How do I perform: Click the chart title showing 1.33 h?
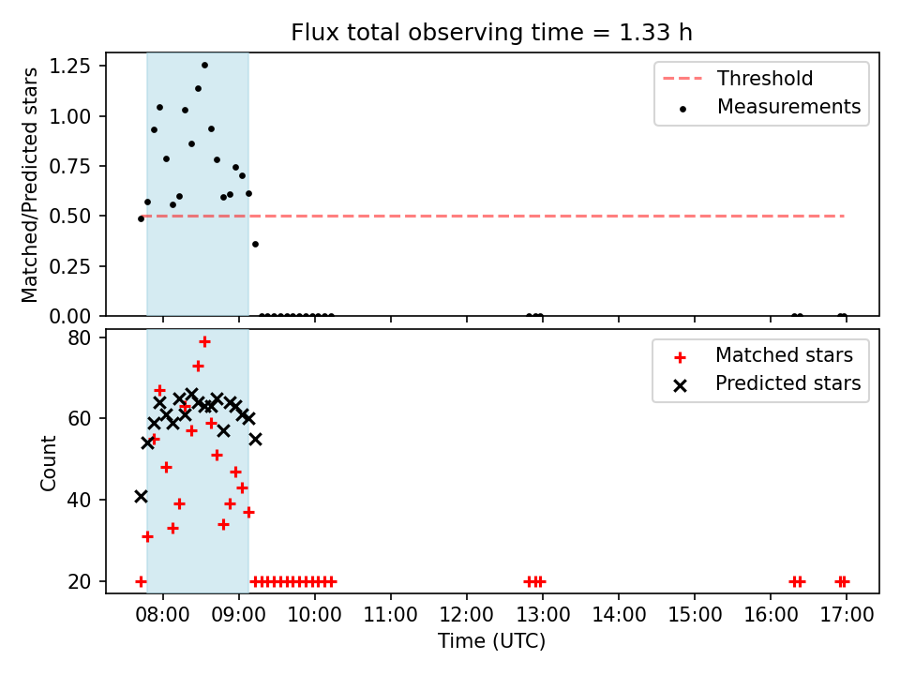click(491, 33)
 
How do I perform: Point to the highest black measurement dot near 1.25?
click(204, 66)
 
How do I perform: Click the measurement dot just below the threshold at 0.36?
click(255, 245)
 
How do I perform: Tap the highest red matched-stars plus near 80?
click(204, 342)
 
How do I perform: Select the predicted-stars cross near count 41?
click(141, 497)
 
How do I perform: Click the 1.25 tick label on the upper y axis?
click(69, 66)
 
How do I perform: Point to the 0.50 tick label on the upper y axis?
click(69, 217)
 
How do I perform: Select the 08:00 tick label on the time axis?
click(162, 615)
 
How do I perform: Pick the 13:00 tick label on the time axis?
click(543, 615)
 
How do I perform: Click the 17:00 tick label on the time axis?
click(846, 615)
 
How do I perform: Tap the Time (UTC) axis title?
click(491, 641)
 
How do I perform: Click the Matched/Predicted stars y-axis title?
click(30, 185)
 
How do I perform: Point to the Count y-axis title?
click(48, 463)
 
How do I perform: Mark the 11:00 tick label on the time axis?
click(390, 615)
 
